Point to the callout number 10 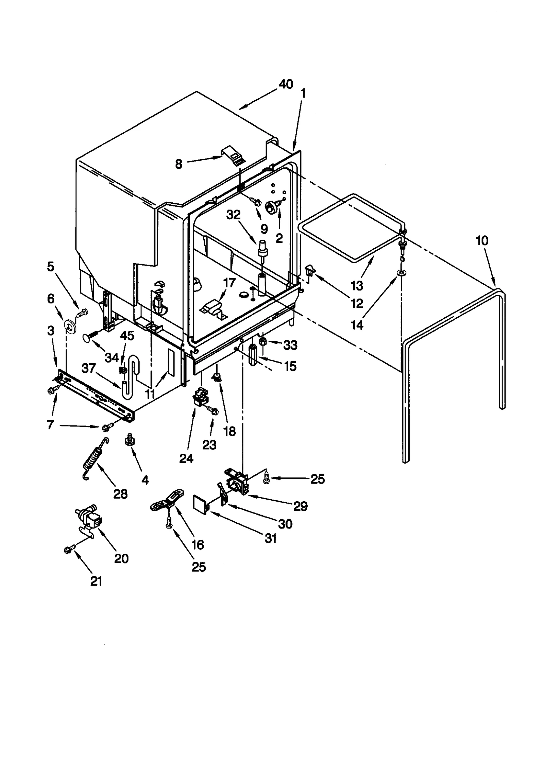click(x=482, y=241)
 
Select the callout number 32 click(x=233, y=215)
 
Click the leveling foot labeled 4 click(x=129, y=440)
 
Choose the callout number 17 click(x=230, y=283)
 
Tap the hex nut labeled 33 click(x=263, y=341)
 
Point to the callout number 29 click(x=300, y=506)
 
